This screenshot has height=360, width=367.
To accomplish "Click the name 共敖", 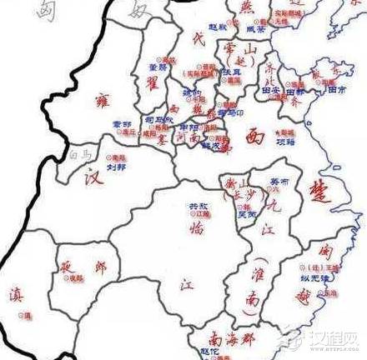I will point(197,206).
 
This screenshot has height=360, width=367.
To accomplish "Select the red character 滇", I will point(16,296).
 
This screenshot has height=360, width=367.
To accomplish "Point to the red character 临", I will point(198,227).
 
